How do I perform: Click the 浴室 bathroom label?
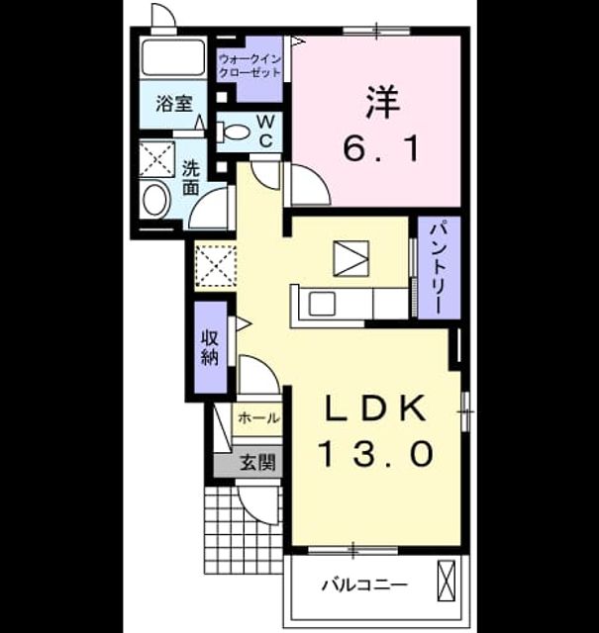(174, 104)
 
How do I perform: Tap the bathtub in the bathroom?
(173, 57)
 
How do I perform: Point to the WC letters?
(265, 131)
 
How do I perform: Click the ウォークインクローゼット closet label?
(250, 66)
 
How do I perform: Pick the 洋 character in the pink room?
(382, 102)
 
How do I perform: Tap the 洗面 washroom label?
(191, 178)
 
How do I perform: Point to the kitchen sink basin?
(322, 304)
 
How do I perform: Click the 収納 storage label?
(210, 347)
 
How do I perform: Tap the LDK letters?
(376, 408)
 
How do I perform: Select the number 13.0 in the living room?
(376, 453)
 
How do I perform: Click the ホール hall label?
(258, 417)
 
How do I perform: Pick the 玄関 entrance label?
(257, 462)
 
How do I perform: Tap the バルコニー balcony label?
(365, 585)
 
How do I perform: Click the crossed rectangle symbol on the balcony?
(447, 581)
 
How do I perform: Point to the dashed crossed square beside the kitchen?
(216, 266)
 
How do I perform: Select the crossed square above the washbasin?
(156, 158)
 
